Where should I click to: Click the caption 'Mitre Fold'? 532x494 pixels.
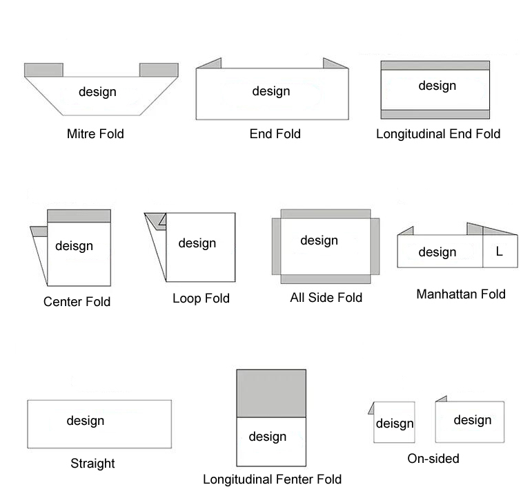[95, 134]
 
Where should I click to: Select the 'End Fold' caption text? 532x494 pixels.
[275, 134]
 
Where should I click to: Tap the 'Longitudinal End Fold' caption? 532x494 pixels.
[438, 134]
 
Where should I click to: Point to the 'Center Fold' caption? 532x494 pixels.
[77, 302]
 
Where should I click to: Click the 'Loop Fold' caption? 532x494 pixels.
[201, 298]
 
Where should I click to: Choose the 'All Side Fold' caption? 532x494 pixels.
[326, 298]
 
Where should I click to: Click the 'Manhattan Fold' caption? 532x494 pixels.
[460, 294]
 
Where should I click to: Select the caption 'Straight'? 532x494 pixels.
[92, 464]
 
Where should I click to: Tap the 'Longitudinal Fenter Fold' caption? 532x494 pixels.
[272, 479]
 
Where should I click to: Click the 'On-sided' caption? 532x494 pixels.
[433, 458]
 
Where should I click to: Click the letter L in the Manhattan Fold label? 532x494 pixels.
[500, 252]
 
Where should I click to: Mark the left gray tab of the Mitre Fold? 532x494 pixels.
[44, 70]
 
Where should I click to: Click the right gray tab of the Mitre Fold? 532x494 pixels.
[159, 70]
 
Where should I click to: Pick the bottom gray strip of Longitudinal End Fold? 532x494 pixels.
[435, 115]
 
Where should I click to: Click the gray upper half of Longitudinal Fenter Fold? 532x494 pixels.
[271, 393]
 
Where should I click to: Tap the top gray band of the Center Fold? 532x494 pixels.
[79, 216]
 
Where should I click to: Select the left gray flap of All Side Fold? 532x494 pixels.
[276, 246]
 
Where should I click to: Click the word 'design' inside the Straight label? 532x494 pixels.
[86, 421]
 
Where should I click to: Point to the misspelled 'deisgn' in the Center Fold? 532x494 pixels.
[74, 246]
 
